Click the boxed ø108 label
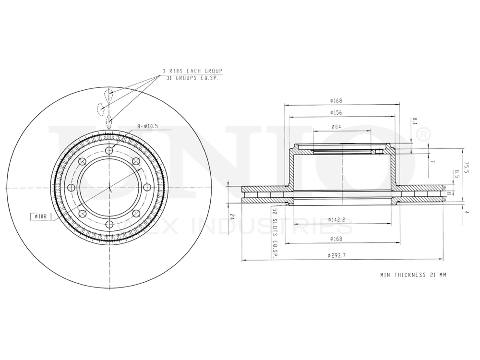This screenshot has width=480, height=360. pyautogui.click(x=40, y=216)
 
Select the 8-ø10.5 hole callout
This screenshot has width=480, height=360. pyautogui.click(x=147, y=126)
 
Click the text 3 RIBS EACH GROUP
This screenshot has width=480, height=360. pyautogui.click(x=192, y=71)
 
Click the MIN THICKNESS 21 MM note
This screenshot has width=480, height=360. pyautogui.click(x=413, y=275)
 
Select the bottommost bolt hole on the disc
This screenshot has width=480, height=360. pyautogui.click(x=109, y=225)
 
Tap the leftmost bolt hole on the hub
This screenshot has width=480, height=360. pyautogui.click(x=72, y=188)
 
